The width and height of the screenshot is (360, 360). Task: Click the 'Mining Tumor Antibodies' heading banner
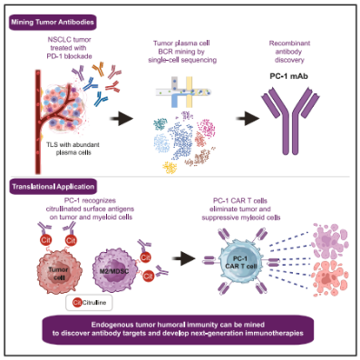[x=53, y=23]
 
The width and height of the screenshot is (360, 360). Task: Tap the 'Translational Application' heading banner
[x=54, y=187]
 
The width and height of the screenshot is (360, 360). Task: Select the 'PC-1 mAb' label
[x=288, y=76]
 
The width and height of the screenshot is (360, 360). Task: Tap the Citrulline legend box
[x=89, y=302]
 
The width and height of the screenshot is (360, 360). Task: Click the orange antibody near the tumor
[x=98, y=69]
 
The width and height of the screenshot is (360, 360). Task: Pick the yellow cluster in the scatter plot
[x=170, y=168]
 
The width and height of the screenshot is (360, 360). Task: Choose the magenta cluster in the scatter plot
[x=208, y=128]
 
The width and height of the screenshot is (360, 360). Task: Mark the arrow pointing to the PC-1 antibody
[x=248, y=118]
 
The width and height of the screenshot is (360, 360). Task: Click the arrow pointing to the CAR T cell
[x=183, y=258]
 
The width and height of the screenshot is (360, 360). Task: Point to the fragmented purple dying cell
[x=329, y=240]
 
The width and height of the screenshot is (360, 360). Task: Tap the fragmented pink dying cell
[x=329, y=278]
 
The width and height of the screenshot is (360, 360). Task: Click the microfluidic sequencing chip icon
[x=183, y=92]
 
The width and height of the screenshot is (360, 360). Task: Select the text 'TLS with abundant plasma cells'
[x=73, y=149]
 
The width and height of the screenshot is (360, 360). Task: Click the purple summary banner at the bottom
[x=178, y=329]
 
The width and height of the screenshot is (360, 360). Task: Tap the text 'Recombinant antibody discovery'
[x=289, y=52]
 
